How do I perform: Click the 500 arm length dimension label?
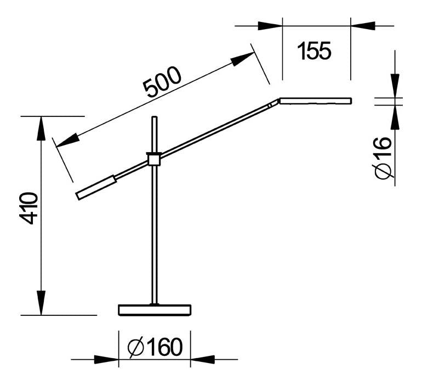point(162,81)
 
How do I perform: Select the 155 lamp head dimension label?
point(314,51)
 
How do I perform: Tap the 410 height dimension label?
point(28,208)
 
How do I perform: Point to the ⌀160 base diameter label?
point(155,347)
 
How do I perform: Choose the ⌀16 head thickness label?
point(383,158)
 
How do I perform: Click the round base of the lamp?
point(155,310)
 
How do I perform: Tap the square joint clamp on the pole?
point(154,159)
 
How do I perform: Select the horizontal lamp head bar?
point(316,101)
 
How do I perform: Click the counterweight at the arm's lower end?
point(96,188)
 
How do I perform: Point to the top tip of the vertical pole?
point(155,116)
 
